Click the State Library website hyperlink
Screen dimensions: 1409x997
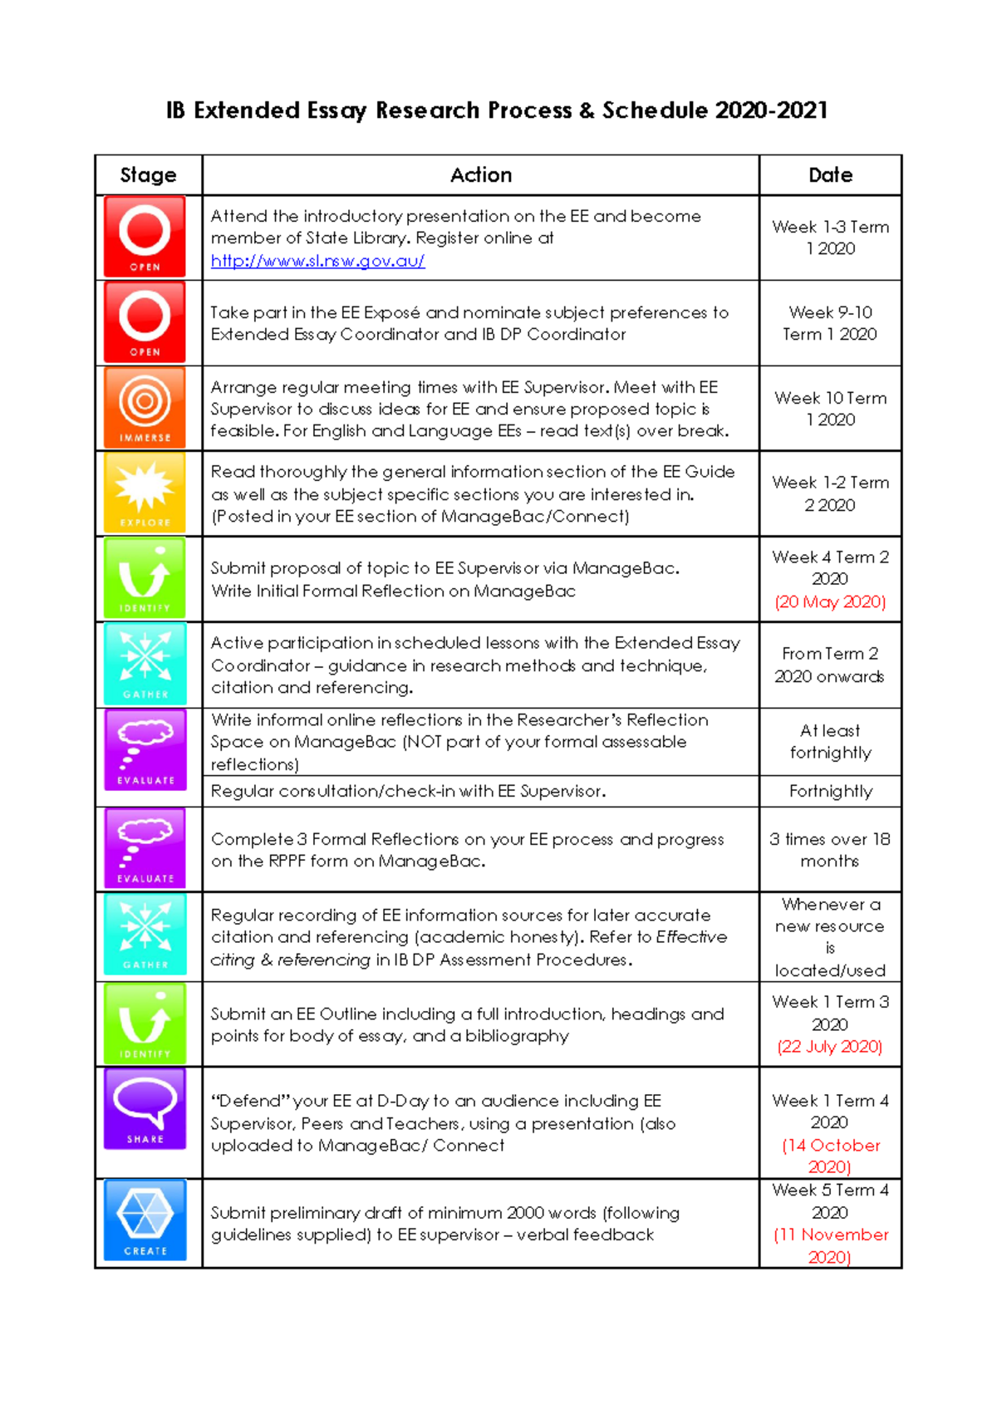click(317, 261)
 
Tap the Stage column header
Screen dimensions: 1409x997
click(148, 175)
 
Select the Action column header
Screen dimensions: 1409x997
click(480, 175)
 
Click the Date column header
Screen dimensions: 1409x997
click(830, 175)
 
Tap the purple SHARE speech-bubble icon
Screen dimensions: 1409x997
click(145, 1108)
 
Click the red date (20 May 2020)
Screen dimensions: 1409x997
click(830, 601)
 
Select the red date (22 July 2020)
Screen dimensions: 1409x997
click(830, 1047)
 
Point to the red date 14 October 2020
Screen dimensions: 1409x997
click(830, 1156)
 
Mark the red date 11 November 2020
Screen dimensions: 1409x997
click(830, 1245)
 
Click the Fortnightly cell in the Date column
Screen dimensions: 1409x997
click(830, 792)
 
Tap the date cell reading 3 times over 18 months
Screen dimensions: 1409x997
click(830, 850)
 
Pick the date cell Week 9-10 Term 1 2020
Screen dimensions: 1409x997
click(830, 323)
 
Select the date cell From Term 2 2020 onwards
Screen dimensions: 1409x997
click(830, 665)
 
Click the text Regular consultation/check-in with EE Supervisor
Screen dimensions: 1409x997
click(408, 792)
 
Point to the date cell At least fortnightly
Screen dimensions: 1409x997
click(830, 742)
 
